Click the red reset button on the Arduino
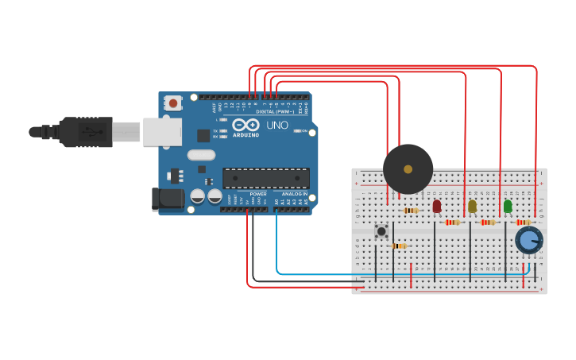(172, 103)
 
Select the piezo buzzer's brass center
(408, 168)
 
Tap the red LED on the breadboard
(437, 206)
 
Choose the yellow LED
(472, 207)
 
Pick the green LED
(508, 207)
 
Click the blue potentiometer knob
(528, 240)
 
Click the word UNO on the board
(277, 126)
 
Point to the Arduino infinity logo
(246, 125)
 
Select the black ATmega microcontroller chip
(265, 179)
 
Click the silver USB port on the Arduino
(162, 132)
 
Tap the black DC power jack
(168, 199)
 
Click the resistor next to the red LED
(453, 223)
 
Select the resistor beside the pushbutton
(399, 246)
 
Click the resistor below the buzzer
(411, 211)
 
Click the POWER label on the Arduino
(258, 193)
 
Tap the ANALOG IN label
(292, 193)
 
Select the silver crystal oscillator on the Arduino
(201, 155)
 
